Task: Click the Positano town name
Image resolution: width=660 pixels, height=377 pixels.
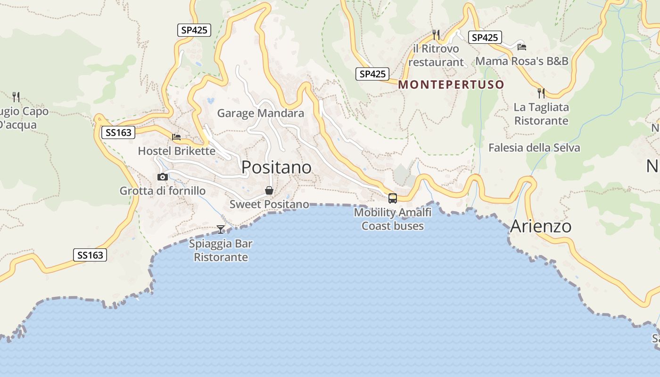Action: coord(276,167)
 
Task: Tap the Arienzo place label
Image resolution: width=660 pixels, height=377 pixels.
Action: coord(541,226)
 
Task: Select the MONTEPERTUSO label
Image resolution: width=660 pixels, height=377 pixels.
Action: coord(451,85)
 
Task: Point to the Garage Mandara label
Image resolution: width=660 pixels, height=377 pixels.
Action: coord(260,114)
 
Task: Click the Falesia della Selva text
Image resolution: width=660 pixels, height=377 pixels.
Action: coord(534,148)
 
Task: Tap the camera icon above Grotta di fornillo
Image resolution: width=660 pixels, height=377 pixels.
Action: coord(163,177)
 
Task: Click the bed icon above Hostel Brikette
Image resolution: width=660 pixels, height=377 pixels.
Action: coord(176,137)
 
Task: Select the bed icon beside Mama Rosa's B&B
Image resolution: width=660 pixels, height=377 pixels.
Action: coord(522,47)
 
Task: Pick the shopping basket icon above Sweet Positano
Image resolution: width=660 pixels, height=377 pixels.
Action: coord(269,190)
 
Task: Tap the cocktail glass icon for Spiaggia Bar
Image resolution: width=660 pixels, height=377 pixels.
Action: coord(221,229)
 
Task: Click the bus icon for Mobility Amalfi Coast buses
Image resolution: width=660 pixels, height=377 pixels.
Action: coord(392,198)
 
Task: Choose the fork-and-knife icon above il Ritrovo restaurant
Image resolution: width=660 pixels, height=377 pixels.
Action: coord(436,34)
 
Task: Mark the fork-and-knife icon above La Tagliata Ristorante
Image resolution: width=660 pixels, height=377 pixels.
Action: coord(541,93)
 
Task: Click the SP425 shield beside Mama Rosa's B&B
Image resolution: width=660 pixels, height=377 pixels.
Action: coord(485,38)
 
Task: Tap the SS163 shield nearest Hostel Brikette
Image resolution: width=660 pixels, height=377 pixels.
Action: coord(118,132)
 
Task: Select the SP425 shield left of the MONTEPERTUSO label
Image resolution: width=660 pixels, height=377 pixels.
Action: coord(372,74)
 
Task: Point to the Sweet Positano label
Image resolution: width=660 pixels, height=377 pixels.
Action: coord(269,205)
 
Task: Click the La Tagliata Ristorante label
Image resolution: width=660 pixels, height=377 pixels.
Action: coord(541,114)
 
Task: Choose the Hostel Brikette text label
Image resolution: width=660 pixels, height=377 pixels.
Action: coord(176,151)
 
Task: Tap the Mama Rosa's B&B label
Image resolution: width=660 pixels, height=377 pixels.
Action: coord(522,61)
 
